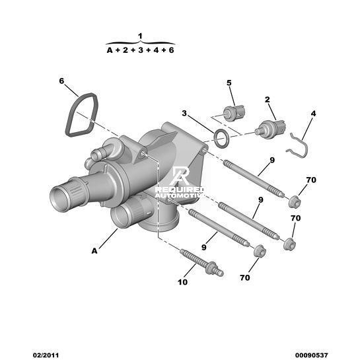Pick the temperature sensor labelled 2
(x=271, y=129)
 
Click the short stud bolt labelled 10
(x=201, y=262)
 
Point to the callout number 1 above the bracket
(x=140, y=36)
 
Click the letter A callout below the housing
(x=94, y=251)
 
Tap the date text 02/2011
(x=46, y=355)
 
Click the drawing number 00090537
(x=311, y=355)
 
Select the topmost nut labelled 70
(x=295, y=201)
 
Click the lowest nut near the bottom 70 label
(x=260, y=251)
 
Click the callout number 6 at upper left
(x=61, y=81)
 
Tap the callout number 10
(x=183, y=282)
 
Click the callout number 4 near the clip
(x=313, y=114)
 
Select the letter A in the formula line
(x=110, y=50)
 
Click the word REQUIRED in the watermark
(x=179, y=190)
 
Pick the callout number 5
(x=229, y=83)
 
